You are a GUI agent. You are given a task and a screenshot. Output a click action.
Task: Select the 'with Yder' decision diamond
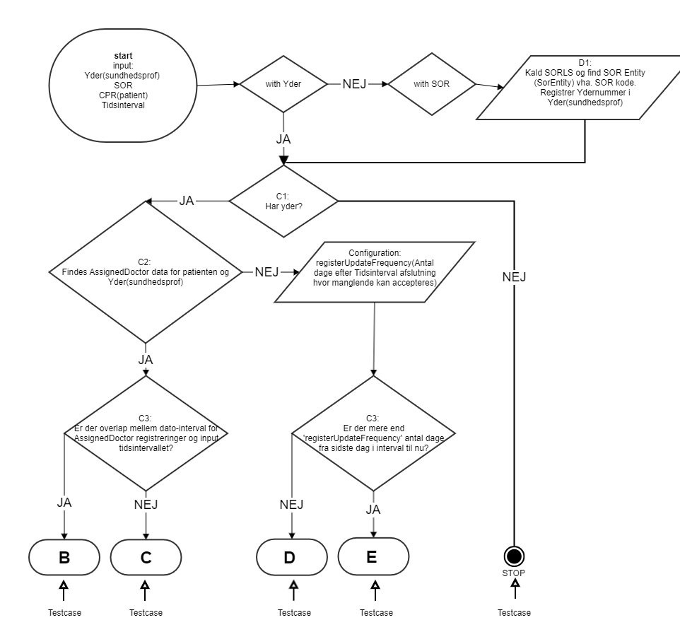tap(283, 85)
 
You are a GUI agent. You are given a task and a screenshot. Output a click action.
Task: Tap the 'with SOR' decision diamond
tap(432, 85)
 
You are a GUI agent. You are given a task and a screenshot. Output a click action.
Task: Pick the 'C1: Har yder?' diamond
tap(283, 201)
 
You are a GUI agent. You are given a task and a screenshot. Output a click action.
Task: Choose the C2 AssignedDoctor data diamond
tap(146, 271)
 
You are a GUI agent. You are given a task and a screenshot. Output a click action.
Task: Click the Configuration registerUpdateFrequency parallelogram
tap(374, 272)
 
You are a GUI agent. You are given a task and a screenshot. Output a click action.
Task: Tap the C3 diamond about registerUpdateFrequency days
tap(374, 434)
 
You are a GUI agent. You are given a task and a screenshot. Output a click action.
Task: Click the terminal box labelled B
tap(64, 557)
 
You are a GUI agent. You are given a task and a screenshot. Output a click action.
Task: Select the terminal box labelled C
tap(146, 557)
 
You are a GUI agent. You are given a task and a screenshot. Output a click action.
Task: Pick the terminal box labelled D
tap(289, 557)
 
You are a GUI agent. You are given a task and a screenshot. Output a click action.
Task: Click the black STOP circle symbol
tap(515, 555)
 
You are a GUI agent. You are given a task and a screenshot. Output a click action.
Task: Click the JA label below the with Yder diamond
tap(283, 139)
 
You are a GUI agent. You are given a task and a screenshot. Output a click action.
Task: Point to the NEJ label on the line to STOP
tap(515, 276)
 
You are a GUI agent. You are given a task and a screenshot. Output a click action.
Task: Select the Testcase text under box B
tap(64, 613)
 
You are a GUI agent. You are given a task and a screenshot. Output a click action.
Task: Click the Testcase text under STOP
tap(515, 613)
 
